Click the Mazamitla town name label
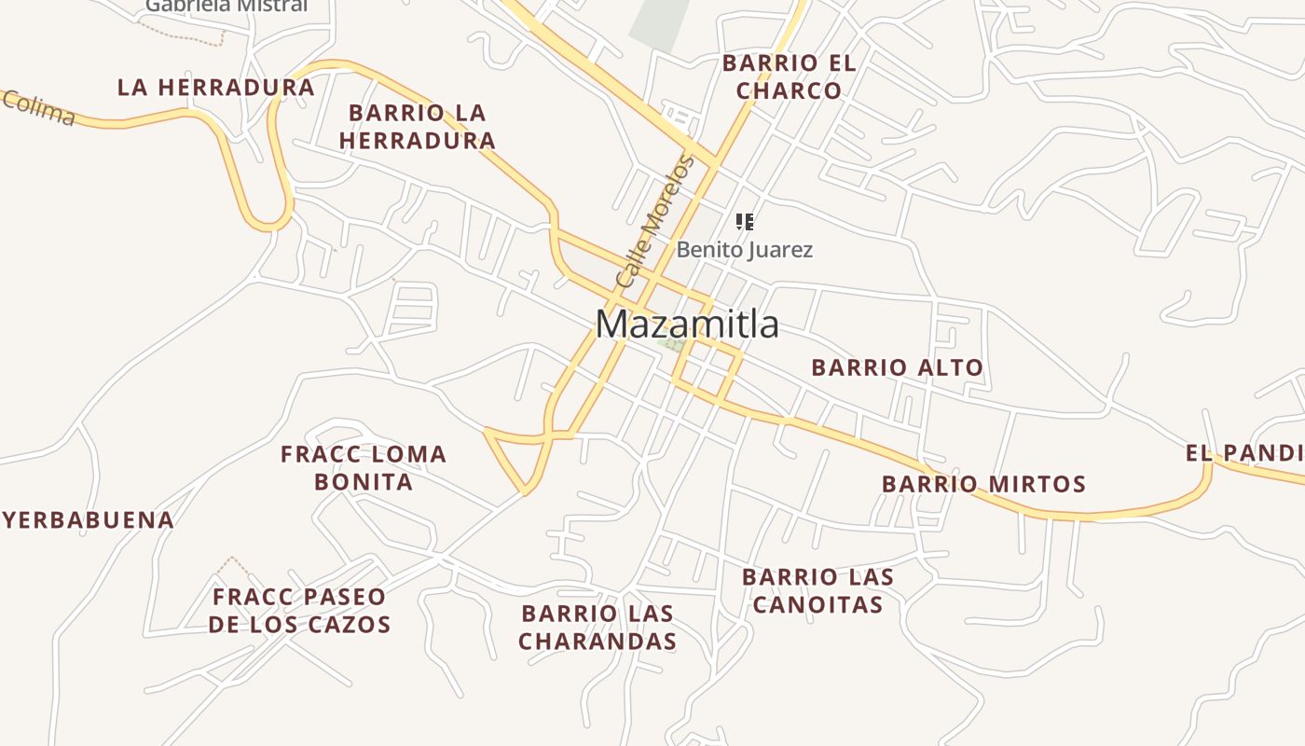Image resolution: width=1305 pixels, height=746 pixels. coord(687,325)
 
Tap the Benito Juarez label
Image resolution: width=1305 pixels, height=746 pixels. coord(744,250)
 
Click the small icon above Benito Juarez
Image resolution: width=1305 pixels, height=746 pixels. coord(744,222)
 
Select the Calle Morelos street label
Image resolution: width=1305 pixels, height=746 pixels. coord(655,222)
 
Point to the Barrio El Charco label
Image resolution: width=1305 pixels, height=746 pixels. coord(789,76)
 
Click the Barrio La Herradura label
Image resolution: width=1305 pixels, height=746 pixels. coord(417,127)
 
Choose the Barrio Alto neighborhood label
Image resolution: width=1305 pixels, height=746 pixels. coord(897,367)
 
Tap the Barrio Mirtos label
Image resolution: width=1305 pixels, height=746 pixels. coord(983,484)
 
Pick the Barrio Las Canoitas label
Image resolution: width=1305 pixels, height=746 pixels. coord(817,591)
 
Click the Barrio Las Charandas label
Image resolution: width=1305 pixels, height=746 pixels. coord(598,628)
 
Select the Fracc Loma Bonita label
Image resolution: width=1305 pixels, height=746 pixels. coord(364,468)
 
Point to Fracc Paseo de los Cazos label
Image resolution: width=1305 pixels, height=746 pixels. coord(298,611)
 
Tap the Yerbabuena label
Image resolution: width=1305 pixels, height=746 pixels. coord(88,520)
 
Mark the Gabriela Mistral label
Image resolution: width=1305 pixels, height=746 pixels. coord(226,6)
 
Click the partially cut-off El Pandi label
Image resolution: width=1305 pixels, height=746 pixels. coord(1245,454)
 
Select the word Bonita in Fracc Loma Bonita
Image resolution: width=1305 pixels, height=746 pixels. coord(364,482)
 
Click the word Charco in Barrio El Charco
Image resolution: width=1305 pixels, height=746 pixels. coord(789,90)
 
